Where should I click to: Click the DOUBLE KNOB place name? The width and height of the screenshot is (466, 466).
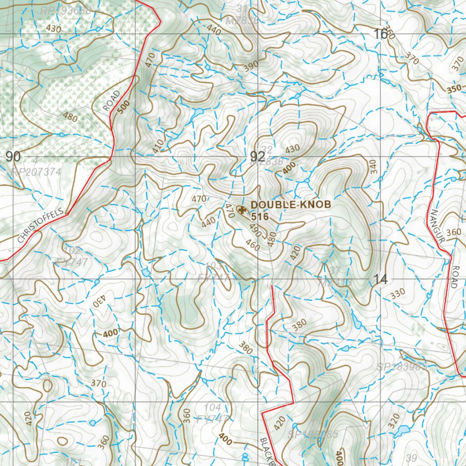(290, 205)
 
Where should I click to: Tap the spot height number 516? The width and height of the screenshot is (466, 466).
(259, 217)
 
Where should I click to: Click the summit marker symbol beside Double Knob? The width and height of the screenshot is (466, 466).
(242, 209)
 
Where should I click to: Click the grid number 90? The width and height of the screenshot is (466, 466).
(13, 157)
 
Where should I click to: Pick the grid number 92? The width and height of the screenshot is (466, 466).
(258, 157)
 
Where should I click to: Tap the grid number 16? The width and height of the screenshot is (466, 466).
(380, 34)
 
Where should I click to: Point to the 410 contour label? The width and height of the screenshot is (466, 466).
(157, 146)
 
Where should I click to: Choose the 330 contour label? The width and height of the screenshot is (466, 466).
(397, 294)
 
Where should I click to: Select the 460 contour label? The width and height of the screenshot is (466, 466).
(252, 245)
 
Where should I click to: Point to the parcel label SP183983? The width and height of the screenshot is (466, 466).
(401, 366)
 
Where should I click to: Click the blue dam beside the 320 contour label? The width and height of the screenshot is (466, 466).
(401, 431)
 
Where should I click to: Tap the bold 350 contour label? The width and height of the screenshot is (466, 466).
(454, 88)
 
